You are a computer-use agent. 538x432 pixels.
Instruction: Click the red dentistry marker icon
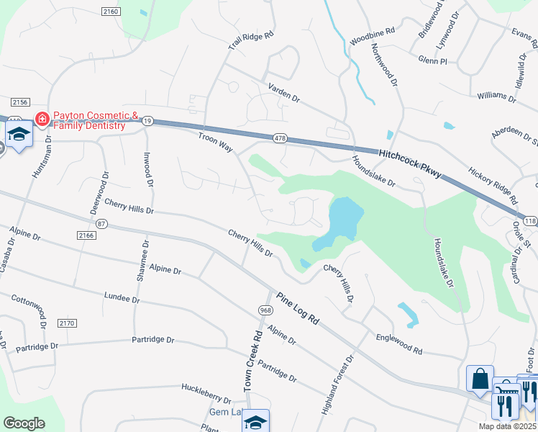[42, 118]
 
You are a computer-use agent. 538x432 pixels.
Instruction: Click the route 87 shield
[101, 224]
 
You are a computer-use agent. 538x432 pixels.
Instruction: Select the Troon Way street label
[216, 140]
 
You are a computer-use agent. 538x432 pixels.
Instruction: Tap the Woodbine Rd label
[373, 37]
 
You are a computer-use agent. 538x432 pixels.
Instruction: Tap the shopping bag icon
[480, 378]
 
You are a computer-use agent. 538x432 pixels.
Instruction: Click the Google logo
[24, 423]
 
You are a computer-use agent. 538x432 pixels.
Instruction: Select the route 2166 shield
[85, 235]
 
